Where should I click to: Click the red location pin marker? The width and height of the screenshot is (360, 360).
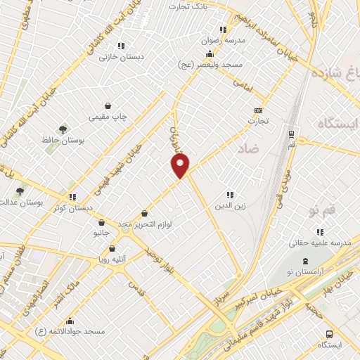181,165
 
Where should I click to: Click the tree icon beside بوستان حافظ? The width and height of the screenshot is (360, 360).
63,129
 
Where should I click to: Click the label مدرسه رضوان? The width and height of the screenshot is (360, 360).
223,41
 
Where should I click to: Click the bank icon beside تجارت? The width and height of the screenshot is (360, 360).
258,110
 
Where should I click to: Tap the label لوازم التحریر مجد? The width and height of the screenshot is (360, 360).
146,224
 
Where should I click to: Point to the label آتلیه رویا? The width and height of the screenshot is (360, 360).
112,259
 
